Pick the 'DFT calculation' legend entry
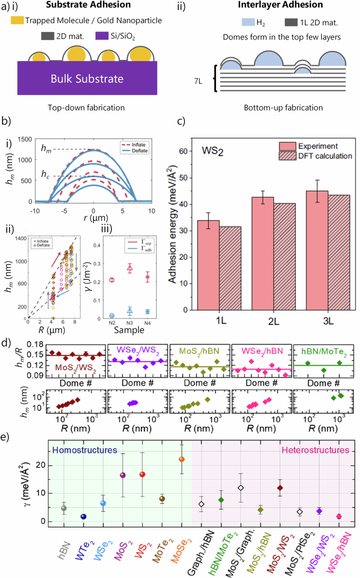click(321, 156)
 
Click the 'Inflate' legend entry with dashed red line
click(130, 144)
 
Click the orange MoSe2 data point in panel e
click(182, 459)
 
